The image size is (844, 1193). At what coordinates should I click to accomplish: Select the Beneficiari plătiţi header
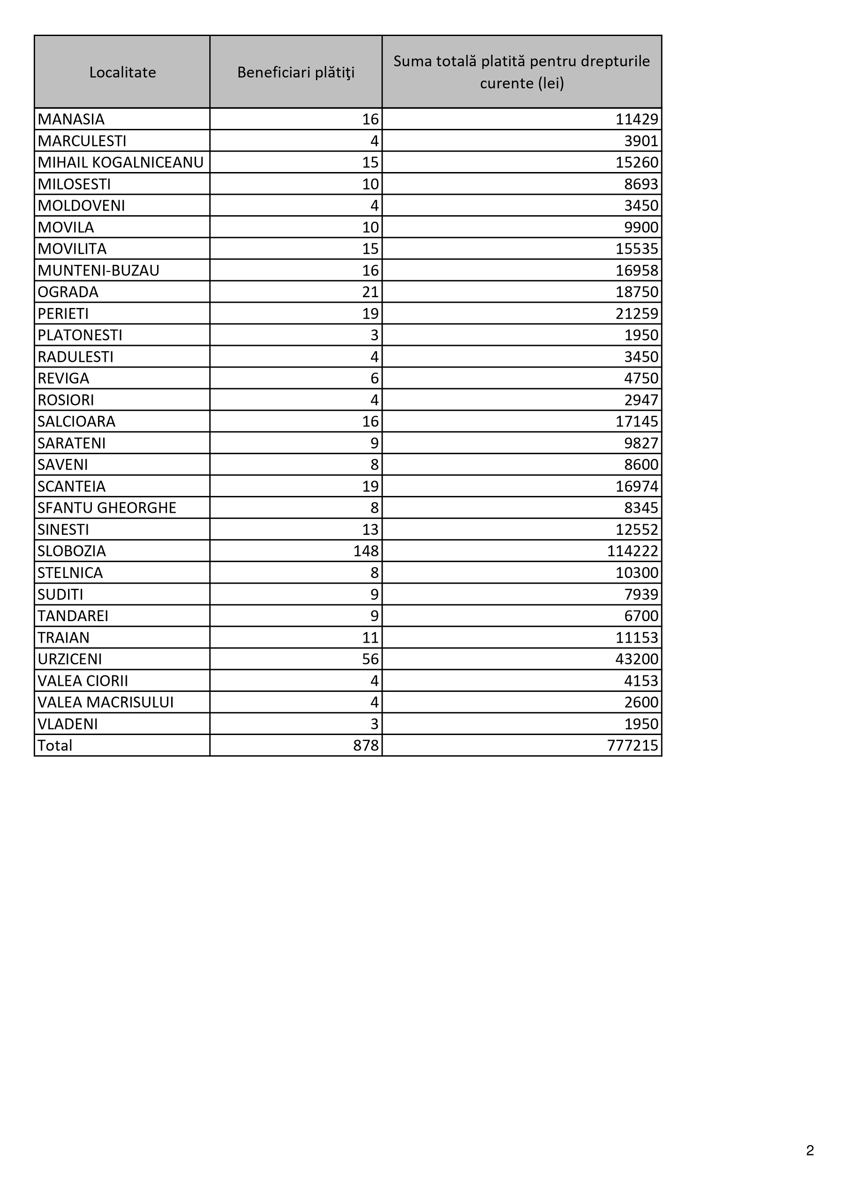click(x=296, y=72)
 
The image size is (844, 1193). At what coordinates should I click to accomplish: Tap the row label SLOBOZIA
click(x=72, y=551)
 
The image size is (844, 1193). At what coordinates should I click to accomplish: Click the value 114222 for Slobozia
click(x=633, y=551)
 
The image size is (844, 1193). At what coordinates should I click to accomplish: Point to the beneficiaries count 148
click(x=366, y=551)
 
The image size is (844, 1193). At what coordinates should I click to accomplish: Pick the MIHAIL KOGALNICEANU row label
click(x=121, y=163)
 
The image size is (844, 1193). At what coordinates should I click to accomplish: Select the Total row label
click(x=54, y=746)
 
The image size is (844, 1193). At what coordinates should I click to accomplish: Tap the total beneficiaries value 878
click(x=366, y=746)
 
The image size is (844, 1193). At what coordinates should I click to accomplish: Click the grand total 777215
click(x=633, y=746)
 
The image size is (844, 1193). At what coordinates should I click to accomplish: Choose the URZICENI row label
click(x=70, y=660)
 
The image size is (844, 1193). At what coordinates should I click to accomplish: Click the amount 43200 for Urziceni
click(x=637, y=660)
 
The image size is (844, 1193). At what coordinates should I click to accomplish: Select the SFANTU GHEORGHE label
click(x=106, y=508)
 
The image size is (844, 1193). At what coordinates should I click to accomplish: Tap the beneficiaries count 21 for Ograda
click(x=370, y=292)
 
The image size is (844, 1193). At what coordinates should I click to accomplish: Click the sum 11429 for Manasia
click(x=637, y=120)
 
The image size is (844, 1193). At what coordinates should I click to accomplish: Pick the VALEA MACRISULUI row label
click(x=105, y=703)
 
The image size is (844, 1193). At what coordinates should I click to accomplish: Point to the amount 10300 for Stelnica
click(x=637, y=573)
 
